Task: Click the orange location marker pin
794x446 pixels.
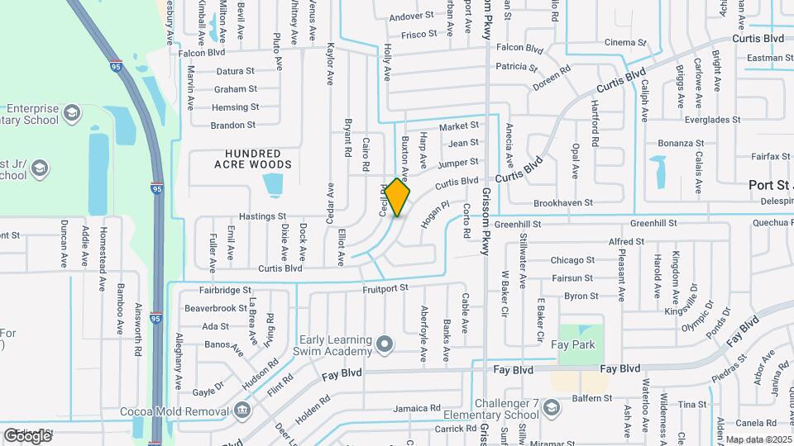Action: (397, 197)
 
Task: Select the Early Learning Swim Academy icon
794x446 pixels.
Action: (383, 343)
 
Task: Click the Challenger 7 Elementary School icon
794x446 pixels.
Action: (552, 406)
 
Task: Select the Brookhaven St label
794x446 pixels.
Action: (563, 202)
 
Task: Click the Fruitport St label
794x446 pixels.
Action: (386, 288)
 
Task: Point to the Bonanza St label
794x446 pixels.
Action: (682, 143)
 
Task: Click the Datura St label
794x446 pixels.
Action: (235, 71)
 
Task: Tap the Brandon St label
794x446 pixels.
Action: (233, 126)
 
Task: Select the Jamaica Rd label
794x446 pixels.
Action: (417, 408)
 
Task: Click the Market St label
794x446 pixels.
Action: (459, 126)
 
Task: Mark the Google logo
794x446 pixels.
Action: (27, 434)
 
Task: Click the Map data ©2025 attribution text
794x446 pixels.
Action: (758, 439)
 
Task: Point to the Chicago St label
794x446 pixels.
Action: (573, 260)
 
